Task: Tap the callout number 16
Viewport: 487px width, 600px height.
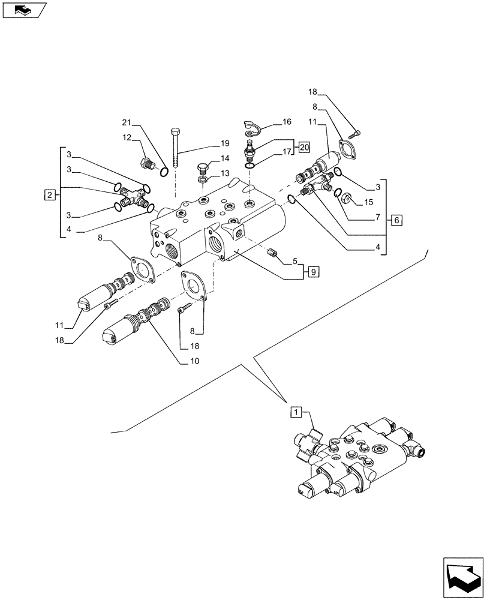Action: coord(287,122)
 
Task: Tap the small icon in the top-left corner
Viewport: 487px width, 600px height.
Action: coord(23,10)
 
